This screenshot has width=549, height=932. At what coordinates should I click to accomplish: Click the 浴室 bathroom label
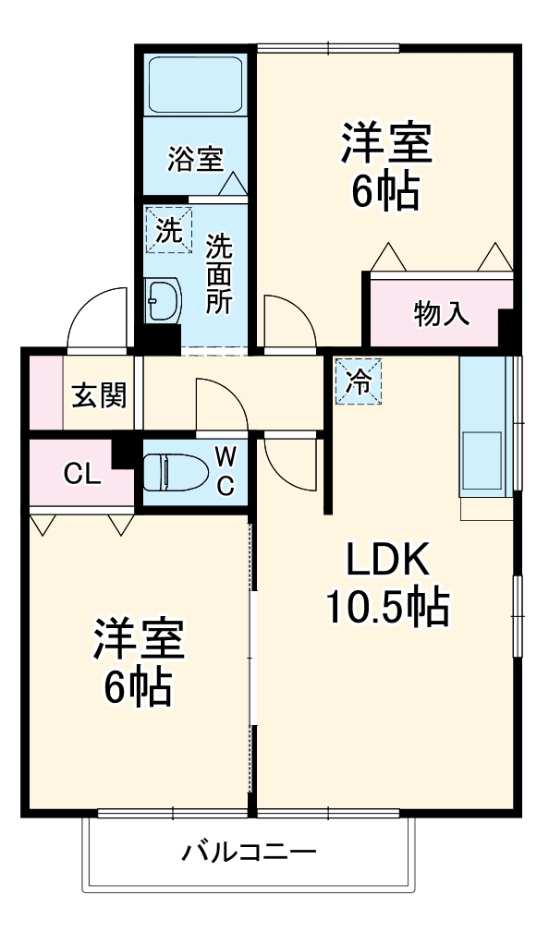click(194, 159)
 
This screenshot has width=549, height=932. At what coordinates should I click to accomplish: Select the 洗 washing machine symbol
click(168, 230)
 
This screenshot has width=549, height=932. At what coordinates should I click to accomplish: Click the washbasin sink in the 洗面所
click(165, 299)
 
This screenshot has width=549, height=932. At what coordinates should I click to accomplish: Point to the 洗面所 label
click(219, 275)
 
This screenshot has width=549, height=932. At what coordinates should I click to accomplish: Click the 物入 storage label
click(442, 315)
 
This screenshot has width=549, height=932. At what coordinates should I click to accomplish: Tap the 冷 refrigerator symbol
click(357, 381)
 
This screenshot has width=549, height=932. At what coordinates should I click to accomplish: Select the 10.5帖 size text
click(388, 608)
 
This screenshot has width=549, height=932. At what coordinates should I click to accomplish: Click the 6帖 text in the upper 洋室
click(385, 191)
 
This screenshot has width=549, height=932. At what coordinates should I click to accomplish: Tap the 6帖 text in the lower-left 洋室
click(139, 686)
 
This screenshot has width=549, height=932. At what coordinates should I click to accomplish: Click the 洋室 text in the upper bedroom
click(385, 146)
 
